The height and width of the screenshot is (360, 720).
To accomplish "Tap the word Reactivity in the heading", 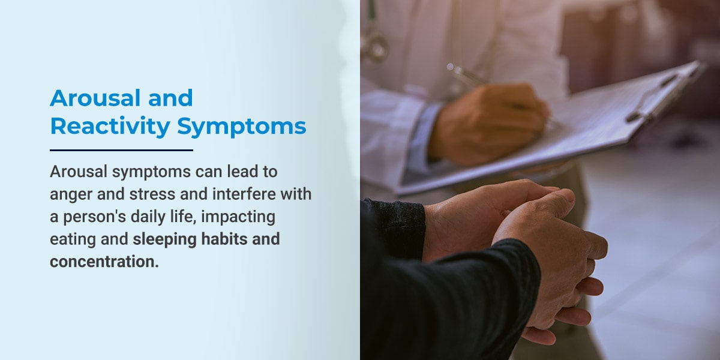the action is point(110,126).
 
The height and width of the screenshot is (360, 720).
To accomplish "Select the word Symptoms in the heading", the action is point(241,127).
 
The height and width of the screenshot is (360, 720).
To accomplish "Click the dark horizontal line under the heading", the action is point(121,150).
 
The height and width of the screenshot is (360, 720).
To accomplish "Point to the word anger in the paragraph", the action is point(71,195).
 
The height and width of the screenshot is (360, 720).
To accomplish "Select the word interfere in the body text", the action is point(244,194).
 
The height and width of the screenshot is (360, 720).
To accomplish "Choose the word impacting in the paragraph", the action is point(238,217).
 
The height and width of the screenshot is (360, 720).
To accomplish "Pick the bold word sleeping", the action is point(164,240).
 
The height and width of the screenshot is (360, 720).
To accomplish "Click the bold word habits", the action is point(224,239).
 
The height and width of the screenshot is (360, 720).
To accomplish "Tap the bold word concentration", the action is point(104,262).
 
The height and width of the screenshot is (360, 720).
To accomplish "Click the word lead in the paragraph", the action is point(242,172).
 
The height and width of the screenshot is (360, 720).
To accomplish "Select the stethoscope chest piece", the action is point(374,47).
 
